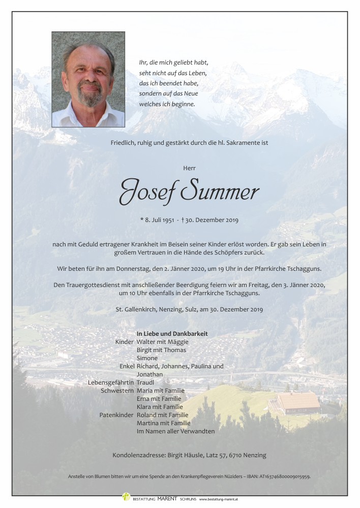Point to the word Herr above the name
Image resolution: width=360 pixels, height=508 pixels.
pos(189,168)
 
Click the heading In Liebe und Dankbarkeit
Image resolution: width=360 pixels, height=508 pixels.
pos(172,333)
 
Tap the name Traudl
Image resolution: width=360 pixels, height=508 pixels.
pos(145,382)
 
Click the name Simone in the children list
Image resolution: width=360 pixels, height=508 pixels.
pos(147,358)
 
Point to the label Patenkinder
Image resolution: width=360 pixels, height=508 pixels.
pos(116,415)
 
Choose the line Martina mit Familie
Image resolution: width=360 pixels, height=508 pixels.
pos(164,423)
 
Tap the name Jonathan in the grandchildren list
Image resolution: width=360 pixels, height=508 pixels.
pos(150,374)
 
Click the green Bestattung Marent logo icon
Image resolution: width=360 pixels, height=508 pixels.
pos(126,497)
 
